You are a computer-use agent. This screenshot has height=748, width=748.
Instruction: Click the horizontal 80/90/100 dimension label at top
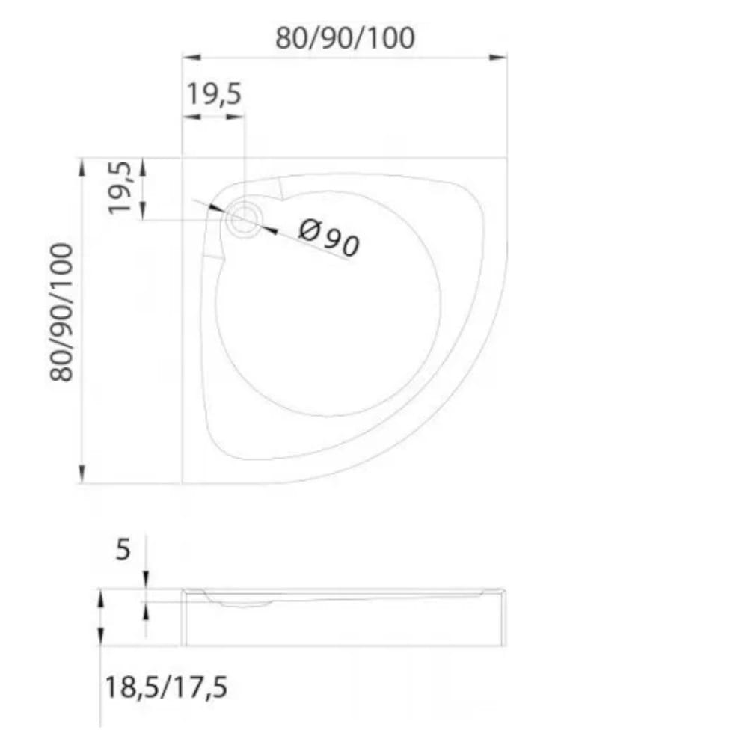345,38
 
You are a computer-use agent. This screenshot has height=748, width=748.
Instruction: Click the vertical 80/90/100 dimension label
62,313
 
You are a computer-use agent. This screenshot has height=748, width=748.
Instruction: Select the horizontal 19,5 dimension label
214,93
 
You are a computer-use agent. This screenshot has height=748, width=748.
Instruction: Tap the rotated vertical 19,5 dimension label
119,188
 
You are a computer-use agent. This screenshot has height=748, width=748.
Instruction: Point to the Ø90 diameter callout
328,237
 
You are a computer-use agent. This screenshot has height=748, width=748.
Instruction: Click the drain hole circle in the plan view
245,218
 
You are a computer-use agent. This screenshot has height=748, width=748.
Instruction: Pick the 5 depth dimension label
123,549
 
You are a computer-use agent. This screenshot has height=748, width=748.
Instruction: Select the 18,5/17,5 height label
165,687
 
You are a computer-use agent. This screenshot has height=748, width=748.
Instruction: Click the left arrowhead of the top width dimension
191,58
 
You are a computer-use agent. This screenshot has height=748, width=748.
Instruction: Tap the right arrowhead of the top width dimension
497,58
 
